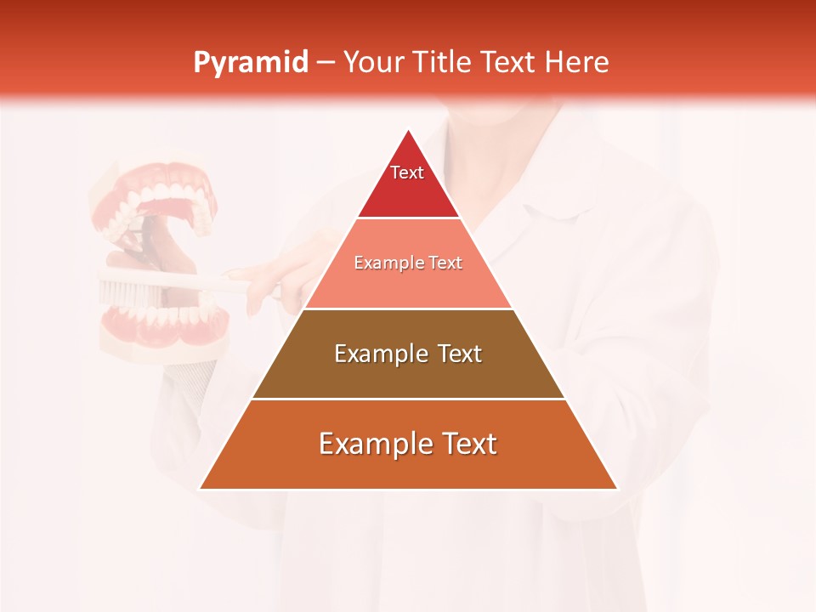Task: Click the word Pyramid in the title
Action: tap(250, 63)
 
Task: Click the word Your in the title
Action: tap(371, 62)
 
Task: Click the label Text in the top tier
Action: tap(407, 173)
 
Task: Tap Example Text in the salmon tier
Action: tap(408, 263)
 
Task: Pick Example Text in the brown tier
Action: tap(408, 354)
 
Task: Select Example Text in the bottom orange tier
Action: tap(408, 444)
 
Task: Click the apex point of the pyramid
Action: tap(409, 131)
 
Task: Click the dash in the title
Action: tap(326, 63)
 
